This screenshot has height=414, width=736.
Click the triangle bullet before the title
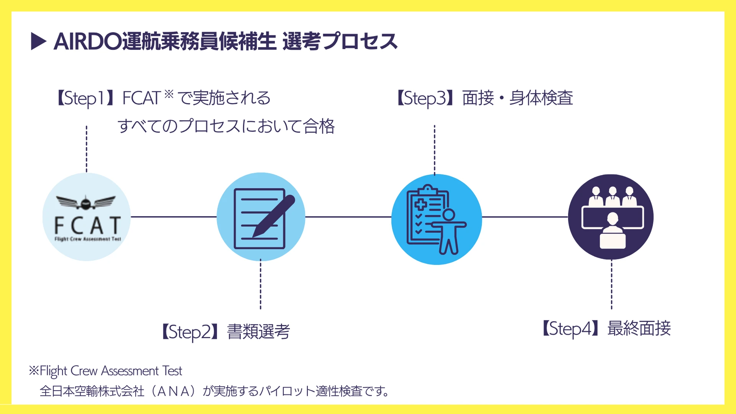38,41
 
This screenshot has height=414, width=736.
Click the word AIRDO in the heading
88,41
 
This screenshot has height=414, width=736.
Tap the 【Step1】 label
85,98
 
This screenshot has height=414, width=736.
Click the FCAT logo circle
87,217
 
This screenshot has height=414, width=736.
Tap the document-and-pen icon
261,217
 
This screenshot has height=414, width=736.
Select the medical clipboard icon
437,219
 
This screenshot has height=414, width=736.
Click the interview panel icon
611,217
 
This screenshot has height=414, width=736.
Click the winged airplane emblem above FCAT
86,202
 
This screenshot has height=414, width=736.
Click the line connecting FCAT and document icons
174,217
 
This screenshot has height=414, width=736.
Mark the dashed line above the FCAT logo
87,149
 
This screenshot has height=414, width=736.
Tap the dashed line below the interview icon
612,284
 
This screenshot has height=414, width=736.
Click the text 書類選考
259,332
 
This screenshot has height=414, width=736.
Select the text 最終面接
639,329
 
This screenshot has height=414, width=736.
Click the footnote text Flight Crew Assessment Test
111,371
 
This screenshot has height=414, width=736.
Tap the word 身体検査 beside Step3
541,98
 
